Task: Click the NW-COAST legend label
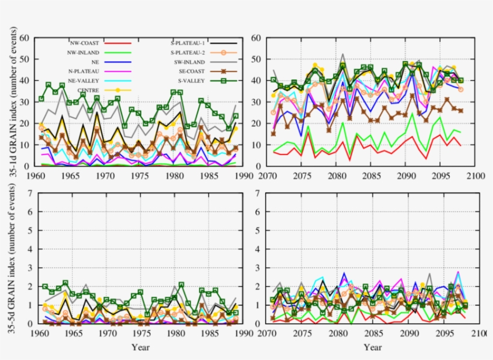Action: pos(82,43)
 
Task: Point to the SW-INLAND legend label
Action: pos(188,62)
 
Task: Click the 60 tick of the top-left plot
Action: pos(25,37)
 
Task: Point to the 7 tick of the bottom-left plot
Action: pos(28,194)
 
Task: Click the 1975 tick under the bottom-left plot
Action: pos(141,332)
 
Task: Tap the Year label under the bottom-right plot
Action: pos(373,347)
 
